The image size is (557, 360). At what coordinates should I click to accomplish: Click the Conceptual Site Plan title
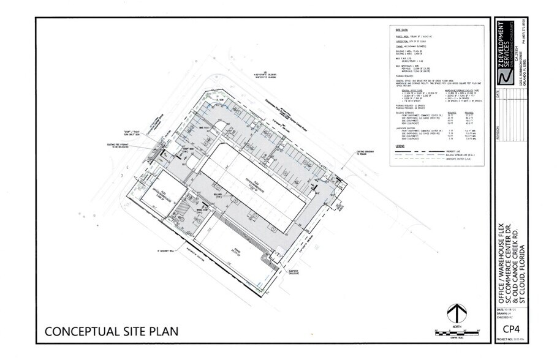pos(112,332)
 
